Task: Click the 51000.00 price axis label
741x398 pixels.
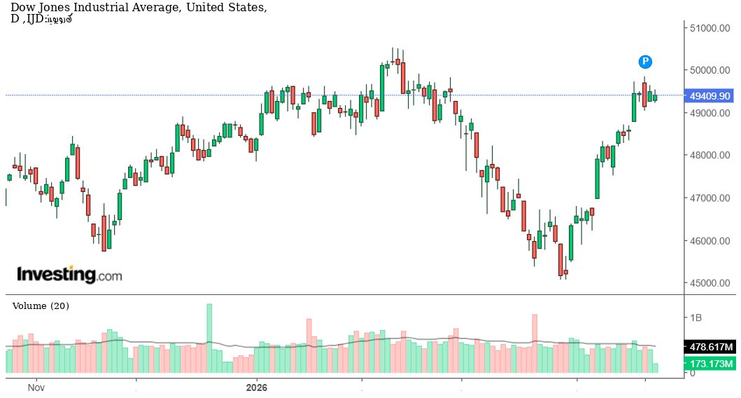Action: pyautogui.click(x=710, y=28)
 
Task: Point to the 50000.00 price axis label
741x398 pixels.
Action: pyautogui.click(x=710, y=70)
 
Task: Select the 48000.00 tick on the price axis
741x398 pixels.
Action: pyautogui.click(x=710, y=156)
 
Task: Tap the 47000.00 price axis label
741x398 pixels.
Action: pyautogui.click(x=710, y=198)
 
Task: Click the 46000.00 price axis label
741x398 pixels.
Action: pyautogui.click(x=710, y=241)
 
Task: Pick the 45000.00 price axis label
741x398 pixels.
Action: pyautogui.click(x=710, y=284)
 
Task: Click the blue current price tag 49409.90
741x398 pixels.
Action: pyautogui.click(x=710, y=95)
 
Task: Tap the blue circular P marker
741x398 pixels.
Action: pyautogui.click(x=645, y=62)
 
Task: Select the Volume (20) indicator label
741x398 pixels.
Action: pyautogui.click(x=41, y=306)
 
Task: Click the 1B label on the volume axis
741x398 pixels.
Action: pyautogui.click(x=696, y=317)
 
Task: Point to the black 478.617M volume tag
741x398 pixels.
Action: pyautogui.click(x=710, y=347)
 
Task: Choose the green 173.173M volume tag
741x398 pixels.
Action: pyautogui.click(x=710, y=364)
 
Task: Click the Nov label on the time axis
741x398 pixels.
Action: pyautogui.click(x=36, y=387)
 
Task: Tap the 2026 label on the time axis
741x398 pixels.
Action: pyautogui.click(x=257, y=387)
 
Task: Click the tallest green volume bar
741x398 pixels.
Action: pyautogui.click(x=209, y=338)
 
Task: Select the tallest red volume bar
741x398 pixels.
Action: pyautogui.click(x=535, y=343)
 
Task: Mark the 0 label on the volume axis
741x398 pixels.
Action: pyautogui.click(x=692, y=373)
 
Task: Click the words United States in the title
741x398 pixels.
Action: pyautogui.click(x=230, y=8)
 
